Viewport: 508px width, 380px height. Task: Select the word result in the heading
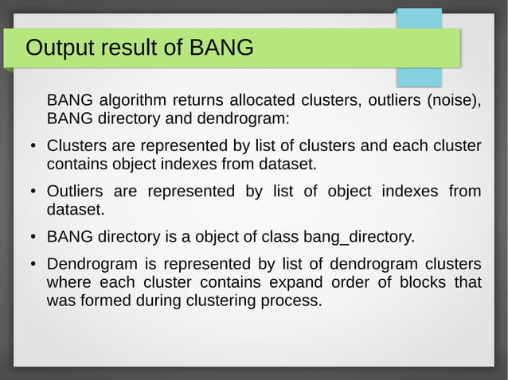(135, 48)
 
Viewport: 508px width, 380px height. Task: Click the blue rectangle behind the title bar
(419, 76)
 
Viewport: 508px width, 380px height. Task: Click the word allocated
(262, 101)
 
